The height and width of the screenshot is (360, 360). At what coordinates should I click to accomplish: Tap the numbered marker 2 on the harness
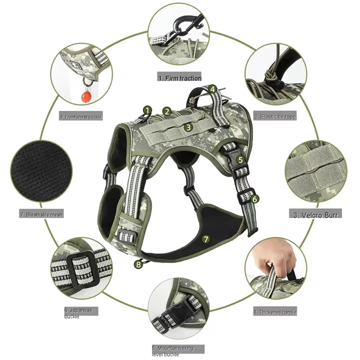click(167, 111)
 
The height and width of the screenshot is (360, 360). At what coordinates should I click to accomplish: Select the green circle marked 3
click(189, 127)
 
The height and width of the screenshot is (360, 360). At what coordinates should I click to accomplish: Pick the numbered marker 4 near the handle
click(212, 89)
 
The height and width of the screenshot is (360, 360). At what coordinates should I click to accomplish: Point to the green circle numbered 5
click(241, 159)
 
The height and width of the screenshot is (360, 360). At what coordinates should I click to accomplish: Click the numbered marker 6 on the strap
click(255, 198)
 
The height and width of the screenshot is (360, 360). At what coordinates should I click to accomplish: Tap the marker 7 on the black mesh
click(206, 239)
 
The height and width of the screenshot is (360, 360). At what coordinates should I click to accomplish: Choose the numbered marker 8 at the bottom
click(139, 264)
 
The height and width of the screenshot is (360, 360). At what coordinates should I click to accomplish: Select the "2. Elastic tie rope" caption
click(275, 117)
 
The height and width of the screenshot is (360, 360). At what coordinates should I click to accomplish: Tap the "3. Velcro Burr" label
click(315, 214)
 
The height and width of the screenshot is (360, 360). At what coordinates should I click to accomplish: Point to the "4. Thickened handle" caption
click(275, 312)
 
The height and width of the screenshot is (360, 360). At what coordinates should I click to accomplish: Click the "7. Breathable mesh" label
click(41, 215)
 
